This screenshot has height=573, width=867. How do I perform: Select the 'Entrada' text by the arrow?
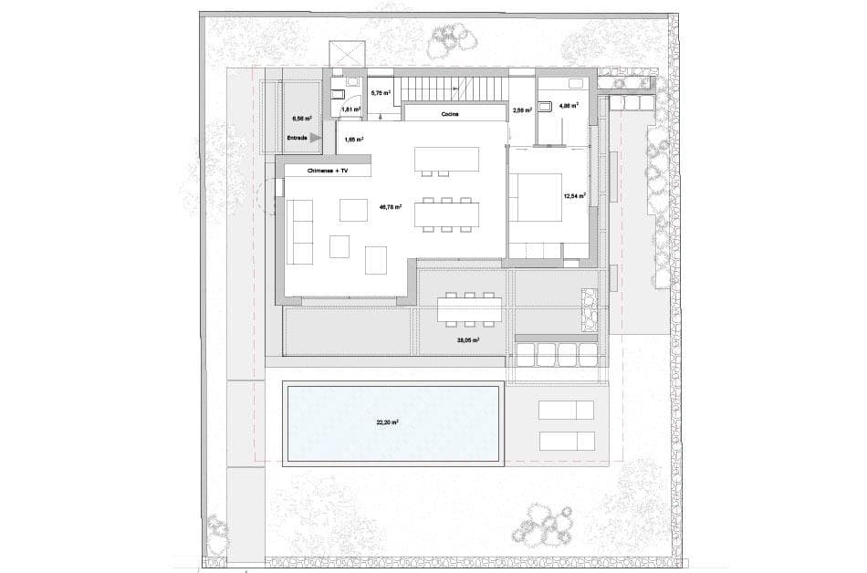point(298,138)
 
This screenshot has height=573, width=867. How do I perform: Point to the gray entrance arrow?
point(316,138)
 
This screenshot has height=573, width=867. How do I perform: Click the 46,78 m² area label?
point(391,207)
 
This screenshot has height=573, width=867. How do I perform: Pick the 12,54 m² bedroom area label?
point(574,195)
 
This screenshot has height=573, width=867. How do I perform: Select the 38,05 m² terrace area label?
point(467,339)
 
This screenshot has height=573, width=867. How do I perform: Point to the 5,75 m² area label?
point(381,93)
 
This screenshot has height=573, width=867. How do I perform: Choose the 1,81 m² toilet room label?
point(350,109)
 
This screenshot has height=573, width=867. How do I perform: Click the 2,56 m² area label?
point(523,110)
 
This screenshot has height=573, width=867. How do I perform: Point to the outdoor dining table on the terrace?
point(469,309)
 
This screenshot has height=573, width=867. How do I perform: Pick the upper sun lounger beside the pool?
point(567,410)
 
